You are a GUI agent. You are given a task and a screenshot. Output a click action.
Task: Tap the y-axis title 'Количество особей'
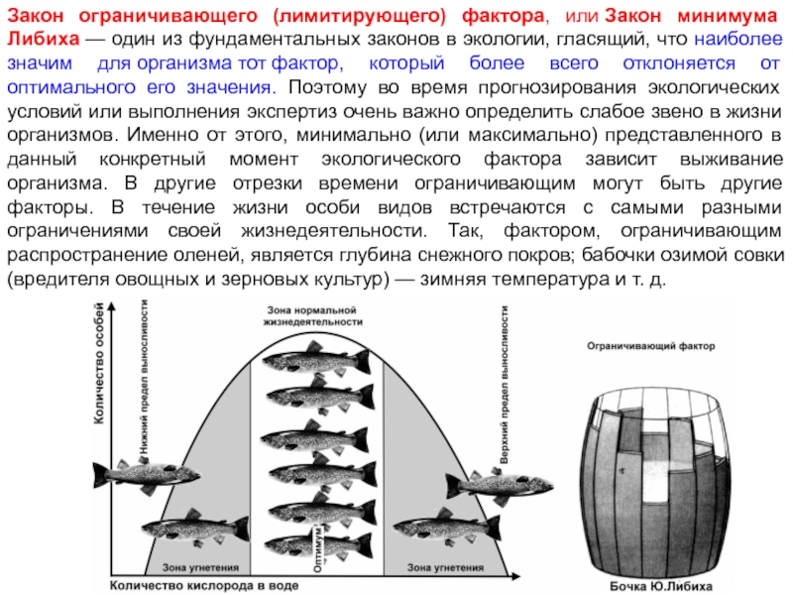pos(100,363)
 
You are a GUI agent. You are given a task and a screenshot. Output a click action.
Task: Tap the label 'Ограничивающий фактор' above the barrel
pos(643,348)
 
